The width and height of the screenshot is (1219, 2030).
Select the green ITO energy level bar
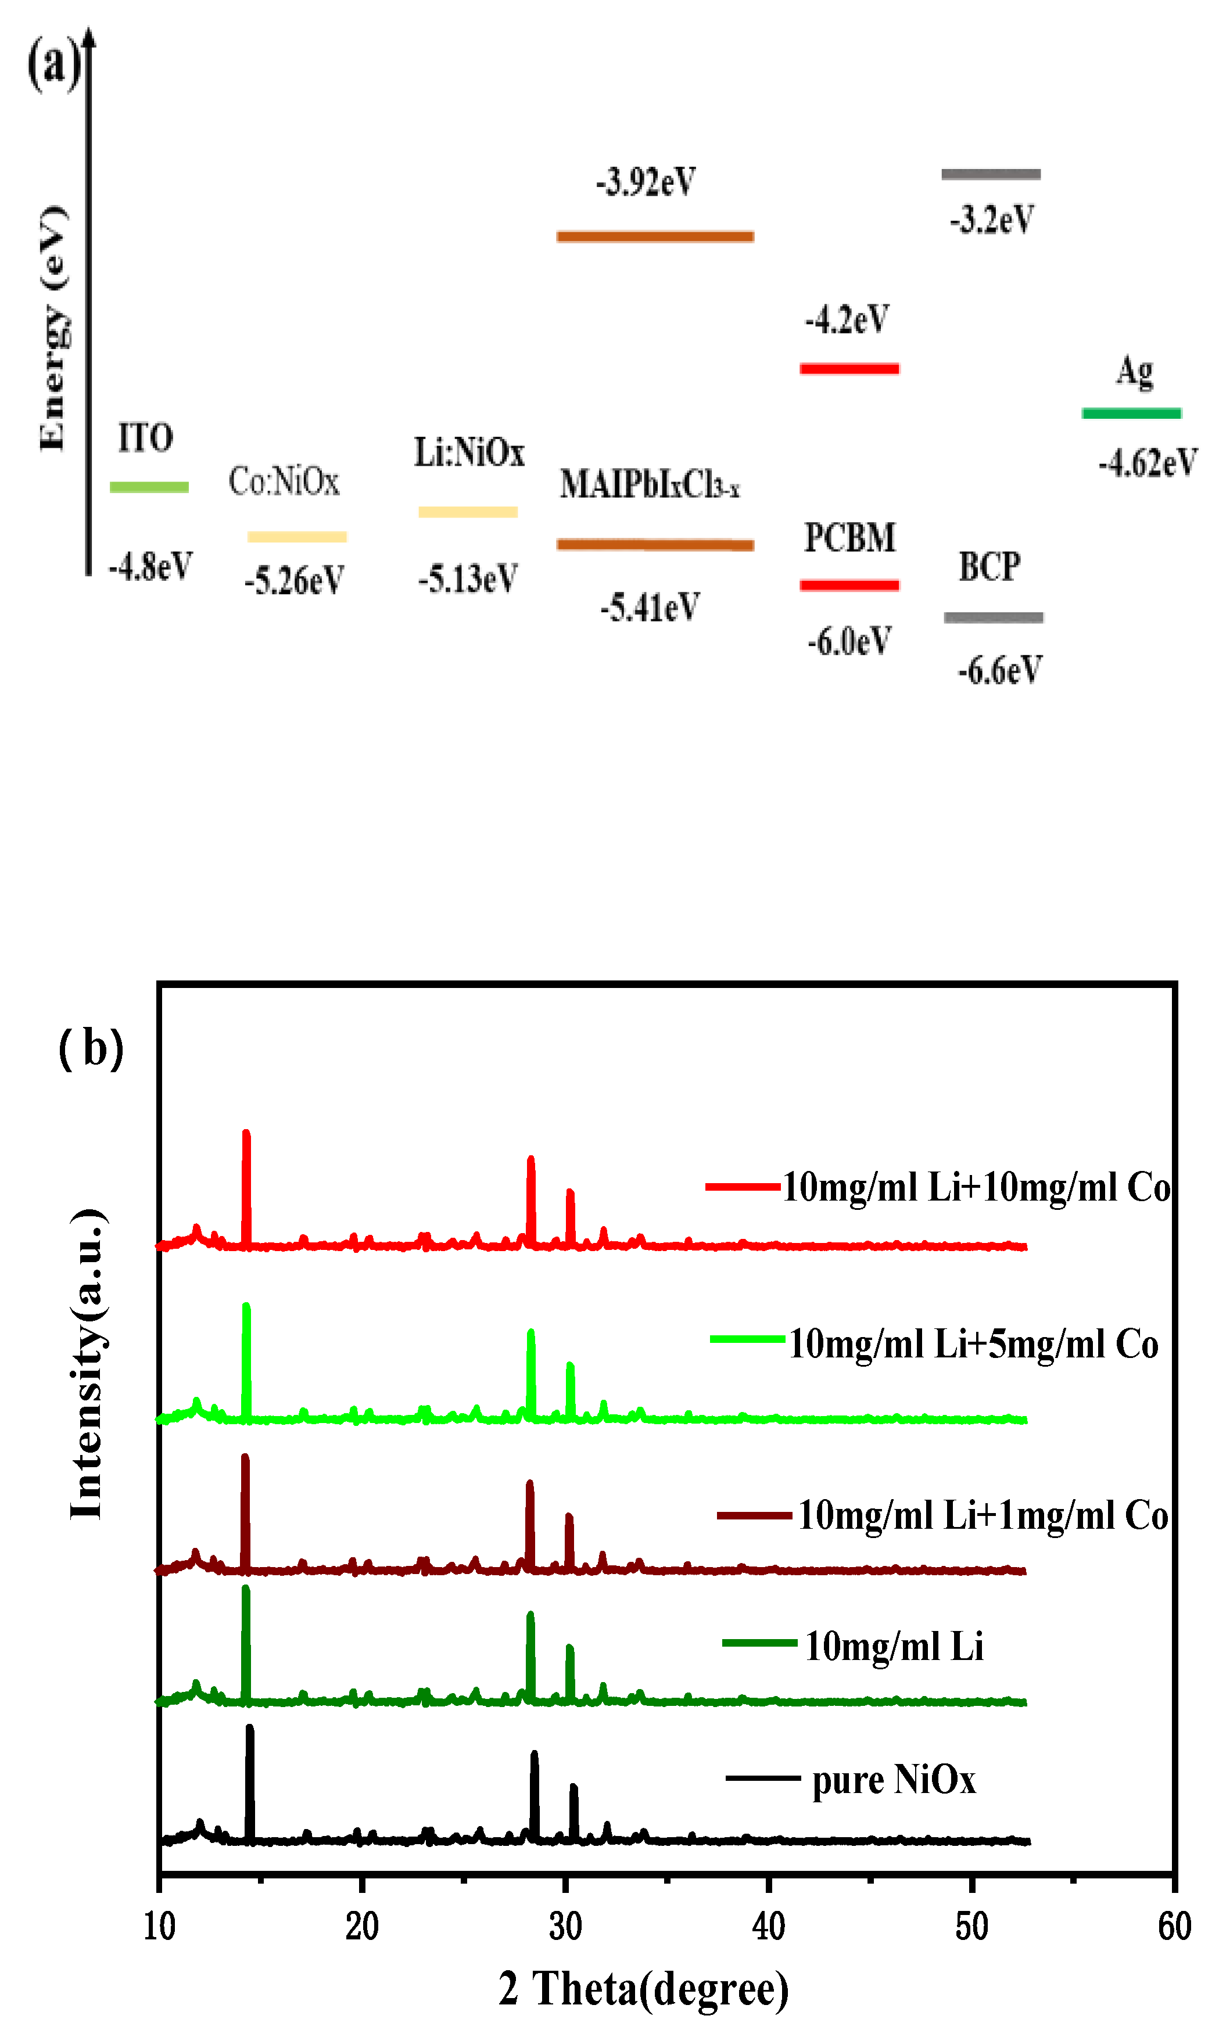[x=149, y=487]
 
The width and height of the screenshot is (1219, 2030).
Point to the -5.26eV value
[x=293, y=580]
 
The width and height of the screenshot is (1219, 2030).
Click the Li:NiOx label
[x=468, y=452]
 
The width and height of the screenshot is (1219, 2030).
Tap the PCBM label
[x=849, y=538]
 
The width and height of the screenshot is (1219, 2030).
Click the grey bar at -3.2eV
[x=991, y=174]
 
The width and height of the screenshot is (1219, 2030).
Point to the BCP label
[x=990, y=567]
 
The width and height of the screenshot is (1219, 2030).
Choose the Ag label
[x=1134, y=371]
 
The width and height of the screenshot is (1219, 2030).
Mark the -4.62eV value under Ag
[x=1148, y=462]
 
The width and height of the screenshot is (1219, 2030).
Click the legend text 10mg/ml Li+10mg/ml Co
[x=976, y=1187]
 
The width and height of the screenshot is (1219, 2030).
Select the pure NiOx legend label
[x=894, y=1780]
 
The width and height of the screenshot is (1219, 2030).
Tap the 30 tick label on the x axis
[x=565, y=1925]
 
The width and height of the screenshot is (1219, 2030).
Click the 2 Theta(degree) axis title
[x=643, y=1989]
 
